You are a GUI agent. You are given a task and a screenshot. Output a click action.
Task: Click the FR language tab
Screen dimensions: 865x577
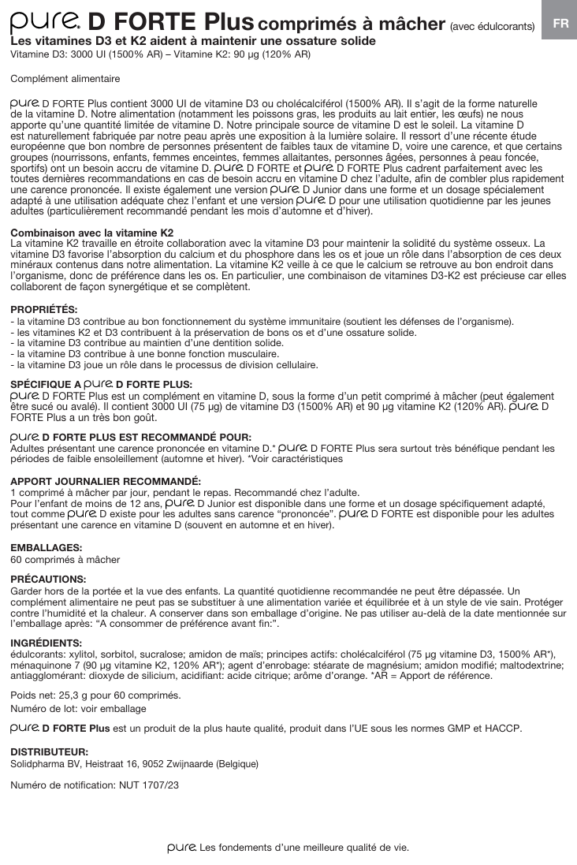[560, 24]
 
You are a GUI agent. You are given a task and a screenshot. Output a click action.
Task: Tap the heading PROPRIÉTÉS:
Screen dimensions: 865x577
[43, 309]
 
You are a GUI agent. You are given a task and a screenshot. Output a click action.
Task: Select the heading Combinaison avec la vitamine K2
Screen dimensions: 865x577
[91, 233]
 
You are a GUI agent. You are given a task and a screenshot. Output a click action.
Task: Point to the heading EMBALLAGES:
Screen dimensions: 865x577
[45, 547]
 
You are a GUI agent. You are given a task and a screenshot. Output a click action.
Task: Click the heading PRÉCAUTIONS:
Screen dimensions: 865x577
[47, 579]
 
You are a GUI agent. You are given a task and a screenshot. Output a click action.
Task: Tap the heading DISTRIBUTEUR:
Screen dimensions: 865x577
[49, 752]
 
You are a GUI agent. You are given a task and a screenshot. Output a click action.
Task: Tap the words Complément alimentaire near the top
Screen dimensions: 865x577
[65, 79]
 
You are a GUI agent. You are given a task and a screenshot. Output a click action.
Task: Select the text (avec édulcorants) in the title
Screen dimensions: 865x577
[492, 26]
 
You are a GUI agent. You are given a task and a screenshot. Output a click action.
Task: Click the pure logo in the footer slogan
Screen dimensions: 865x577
[181, 848]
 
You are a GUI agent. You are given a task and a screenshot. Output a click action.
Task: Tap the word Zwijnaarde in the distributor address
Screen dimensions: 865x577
[190, 764]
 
